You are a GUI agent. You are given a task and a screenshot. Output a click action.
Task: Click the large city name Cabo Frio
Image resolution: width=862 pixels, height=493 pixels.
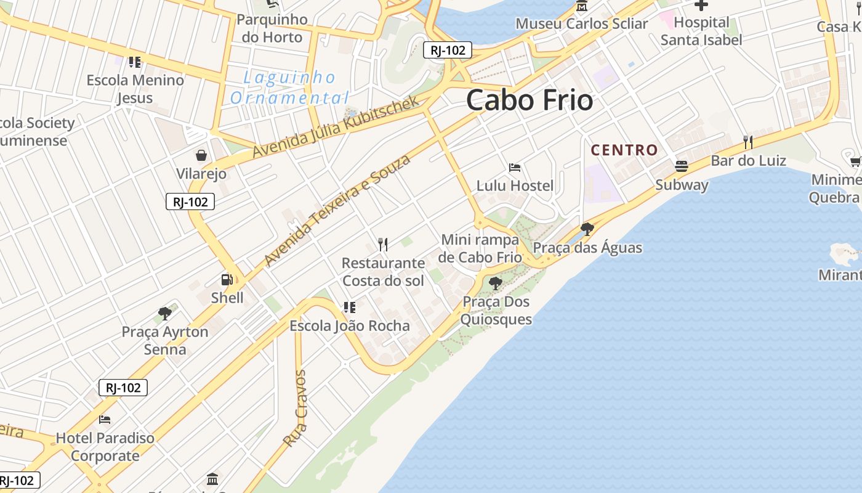tap(530, 100)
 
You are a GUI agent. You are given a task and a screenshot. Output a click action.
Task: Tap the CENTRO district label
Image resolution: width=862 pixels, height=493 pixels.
tap(624, 150)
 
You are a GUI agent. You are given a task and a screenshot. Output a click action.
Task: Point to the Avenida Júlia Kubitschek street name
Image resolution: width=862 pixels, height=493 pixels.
tap(336, 127)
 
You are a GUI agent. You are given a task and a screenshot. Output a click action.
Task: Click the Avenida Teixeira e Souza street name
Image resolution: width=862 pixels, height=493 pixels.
tap(337, 210)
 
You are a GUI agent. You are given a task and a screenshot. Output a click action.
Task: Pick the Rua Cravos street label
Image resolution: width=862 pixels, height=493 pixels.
tap(295, 408)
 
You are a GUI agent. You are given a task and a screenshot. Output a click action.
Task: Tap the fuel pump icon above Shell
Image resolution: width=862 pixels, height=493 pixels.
tap(227, 280)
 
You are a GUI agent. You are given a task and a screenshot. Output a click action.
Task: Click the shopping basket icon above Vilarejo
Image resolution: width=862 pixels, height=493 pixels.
tap(201, 155)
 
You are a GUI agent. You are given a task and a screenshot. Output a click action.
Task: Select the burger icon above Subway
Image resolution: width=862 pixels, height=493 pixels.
tap(681, 166)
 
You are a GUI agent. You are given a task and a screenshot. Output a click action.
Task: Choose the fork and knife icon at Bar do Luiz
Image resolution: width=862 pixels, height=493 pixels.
tap(748, 142)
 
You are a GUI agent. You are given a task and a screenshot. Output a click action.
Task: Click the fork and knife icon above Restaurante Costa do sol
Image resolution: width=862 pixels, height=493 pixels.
tap(383, 245)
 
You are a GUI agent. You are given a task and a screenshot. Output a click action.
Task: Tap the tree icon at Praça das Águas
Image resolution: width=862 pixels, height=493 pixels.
tap(587, 229)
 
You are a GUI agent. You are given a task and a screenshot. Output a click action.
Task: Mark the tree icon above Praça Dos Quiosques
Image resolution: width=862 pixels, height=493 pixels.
tap(495, 283)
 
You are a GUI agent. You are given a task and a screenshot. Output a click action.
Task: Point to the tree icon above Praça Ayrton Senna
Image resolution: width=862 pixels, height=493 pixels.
tap(164, 313)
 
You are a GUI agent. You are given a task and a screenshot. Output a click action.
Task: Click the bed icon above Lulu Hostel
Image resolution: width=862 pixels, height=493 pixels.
tap(515, 168)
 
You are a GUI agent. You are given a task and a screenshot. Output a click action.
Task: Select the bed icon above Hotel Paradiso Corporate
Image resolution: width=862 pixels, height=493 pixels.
tap(105, 420)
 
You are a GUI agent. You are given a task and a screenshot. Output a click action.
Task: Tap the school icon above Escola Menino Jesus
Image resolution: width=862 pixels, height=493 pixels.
tap(135, 62)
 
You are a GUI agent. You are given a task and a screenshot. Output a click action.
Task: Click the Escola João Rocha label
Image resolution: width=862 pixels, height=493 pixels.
tap(350, 326)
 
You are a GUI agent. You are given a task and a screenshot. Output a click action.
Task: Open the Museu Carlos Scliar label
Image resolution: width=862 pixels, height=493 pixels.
tap(581, 24)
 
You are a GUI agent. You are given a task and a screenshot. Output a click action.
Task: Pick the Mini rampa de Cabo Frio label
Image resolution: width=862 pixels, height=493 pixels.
tap(480, 248)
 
